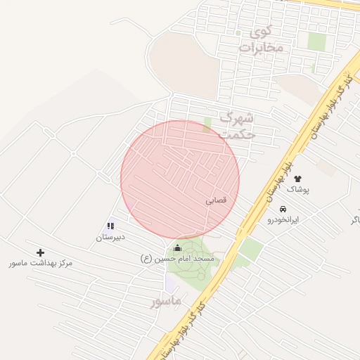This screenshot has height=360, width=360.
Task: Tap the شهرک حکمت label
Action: pos(237,125)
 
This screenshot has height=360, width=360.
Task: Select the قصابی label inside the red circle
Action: pos(217,200)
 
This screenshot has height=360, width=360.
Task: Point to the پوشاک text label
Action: pos(297,190)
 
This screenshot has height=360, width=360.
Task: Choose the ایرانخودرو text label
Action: pos(283,220)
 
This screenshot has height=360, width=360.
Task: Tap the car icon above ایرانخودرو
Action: pos(283,209)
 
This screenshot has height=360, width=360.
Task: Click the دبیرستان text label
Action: pos(110,238)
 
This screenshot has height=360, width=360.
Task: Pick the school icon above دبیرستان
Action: pos(110,226)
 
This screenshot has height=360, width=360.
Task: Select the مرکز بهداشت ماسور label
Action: pos(41,263)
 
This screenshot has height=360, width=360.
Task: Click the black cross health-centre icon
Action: pos(40,252)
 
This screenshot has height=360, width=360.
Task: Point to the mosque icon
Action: pos(177,247)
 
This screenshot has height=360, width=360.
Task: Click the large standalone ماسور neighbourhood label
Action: pos(166,301)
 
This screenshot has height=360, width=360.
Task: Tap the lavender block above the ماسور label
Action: pos(171,283)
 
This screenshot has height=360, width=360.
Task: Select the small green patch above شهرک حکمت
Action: pos(207,124)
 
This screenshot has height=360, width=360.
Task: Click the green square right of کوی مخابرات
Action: pos(317,42)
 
